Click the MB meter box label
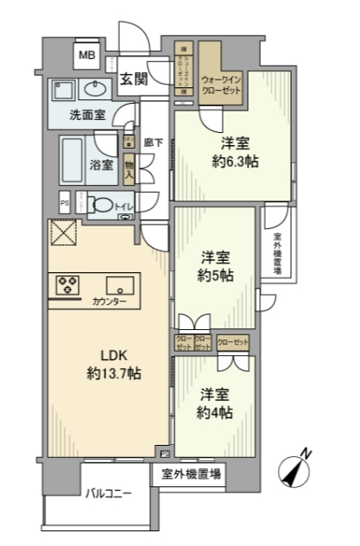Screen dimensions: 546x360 [86, 56]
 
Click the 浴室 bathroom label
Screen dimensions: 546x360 [102, 163]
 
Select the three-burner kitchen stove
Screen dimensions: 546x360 [68, 284]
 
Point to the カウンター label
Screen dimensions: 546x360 [111, 302]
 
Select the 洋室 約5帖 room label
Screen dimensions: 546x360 [216, 264]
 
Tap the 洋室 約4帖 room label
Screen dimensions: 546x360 [216, 402]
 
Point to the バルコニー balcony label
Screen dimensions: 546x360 [109, 493]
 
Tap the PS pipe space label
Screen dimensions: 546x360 [64, 205]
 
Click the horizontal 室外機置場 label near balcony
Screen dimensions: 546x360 [189, 473]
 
